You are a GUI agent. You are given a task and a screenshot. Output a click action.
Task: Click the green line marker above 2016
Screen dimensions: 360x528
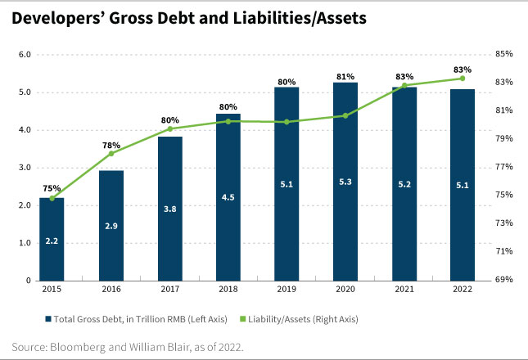click(111, 154)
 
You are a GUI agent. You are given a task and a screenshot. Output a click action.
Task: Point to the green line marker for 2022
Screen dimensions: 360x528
click(463, 78)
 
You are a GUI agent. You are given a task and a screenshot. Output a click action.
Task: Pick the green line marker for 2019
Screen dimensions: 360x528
click(287, 122)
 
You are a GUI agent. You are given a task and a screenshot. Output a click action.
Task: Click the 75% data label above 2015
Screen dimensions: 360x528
click(52, 187)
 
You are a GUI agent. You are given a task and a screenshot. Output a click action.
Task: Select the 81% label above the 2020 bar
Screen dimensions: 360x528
click(345, 77)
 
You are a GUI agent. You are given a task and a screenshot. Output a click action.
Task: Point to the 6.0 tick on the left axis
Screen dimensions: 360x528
click(25, 55)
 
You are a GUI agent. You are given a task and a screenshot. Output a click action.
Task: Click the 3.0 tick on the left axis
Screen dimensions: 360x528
click(25, 168)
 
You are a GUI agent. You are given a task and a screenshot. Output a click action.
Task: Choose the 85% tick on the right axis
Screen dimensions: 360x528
click(504, 55)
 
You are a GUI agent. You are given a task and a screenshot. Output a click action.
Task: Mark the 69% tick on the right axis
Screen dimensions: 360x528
click(504, 280)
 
